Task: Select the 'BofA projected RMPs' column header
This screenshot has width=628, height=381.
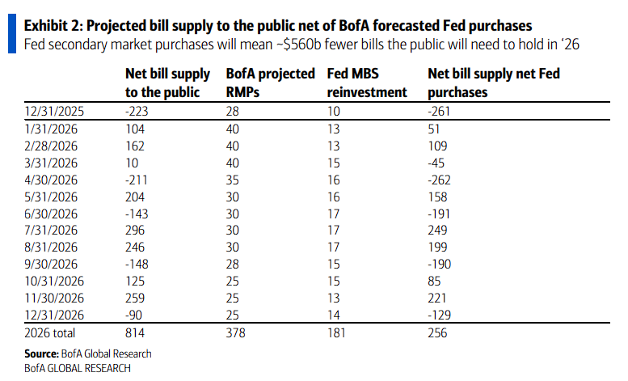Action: pos(271,83)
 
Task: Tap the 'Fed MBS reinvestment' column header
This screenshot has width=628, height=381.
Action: pos(366,83)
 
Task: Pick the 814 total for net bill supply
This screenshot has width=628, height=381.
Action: pos(135,332)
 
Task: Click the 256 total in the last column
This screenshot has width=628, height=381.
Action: pos(437,332)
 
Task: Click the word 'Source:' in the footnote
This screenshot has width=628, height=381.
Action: pos(41,353)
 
